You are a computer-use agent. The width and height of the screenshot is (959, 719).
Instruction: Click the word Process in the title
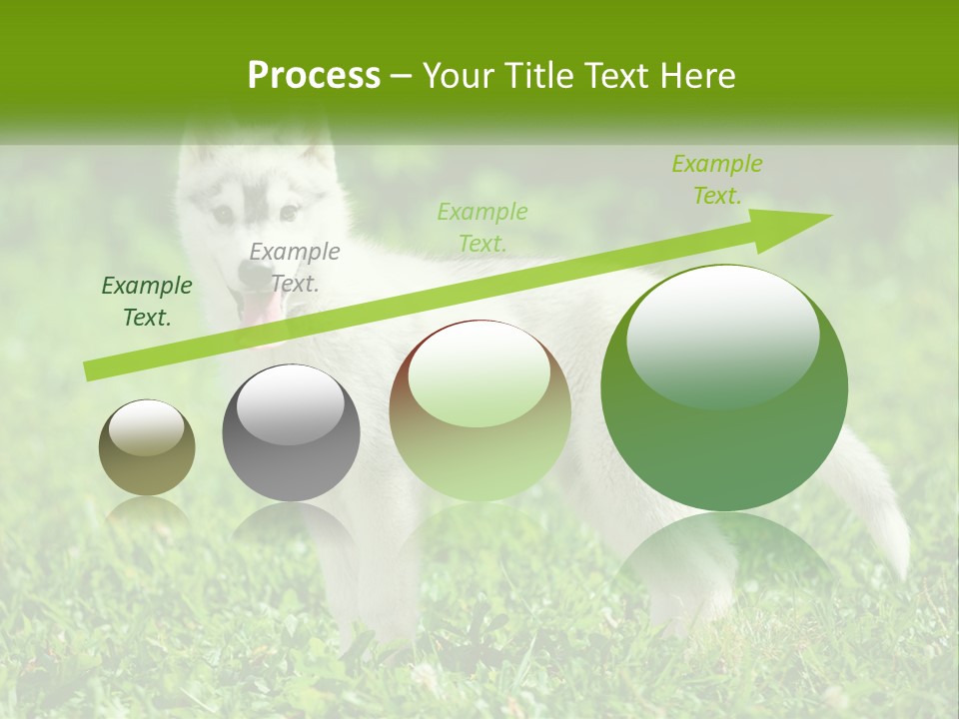click(314, 76)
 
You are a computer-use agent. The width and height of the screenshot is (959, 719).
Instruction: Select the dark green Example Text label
click(147, 302)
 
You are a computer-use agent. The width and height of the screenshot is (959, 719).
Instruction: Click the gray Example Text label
click(294, 267)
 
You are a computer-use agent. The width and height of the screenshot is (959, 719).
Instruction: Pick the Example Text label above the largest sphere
click(716, 180)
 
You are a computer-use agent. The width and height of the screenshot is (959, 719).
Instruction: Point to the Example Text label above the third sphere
click(481, 227)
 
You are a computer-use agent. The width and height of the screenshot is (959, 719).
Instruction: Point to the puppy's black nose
click(252, 272)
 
